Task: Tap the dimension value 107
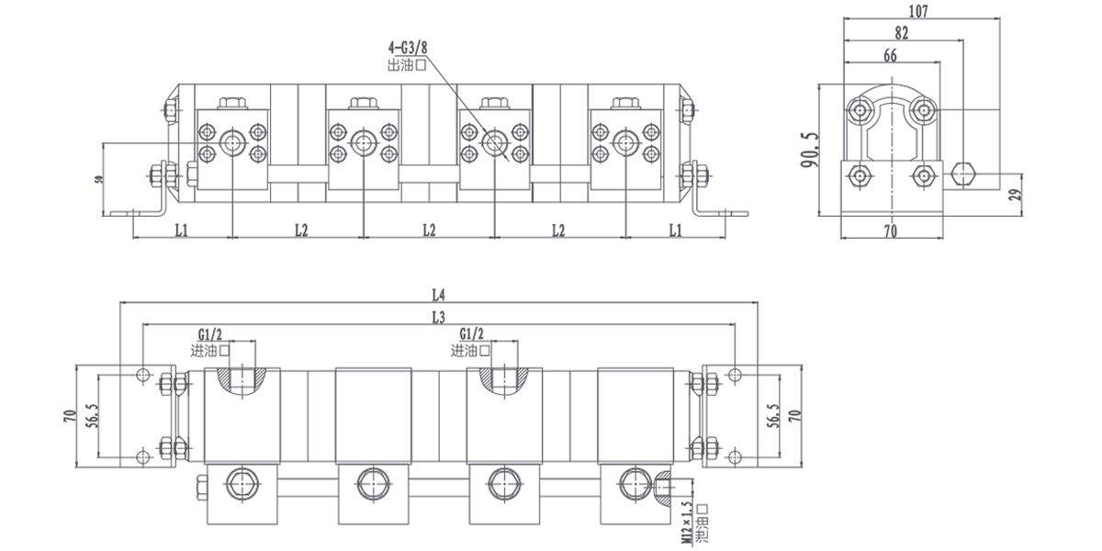tap(917, 12)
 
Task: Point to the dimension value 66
tap(890, 56)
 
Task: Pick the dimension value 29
tap(1015, 195)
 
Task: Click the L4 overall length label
tap(438, 296)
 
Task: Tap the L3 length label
tap(438, 317)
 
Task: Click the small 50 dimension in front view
tap(98, 178)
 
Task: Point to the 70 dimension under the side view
tap(890, 231)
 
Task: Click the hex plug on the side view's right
tap(963, 174)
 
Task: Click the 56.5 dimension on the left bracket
tap(89, 414)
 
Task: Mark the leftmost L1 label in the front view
tap(181, 230)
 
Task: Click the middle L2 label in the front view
tap(429, 230)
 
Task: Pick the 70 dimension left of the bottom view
tap(69, 415)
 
